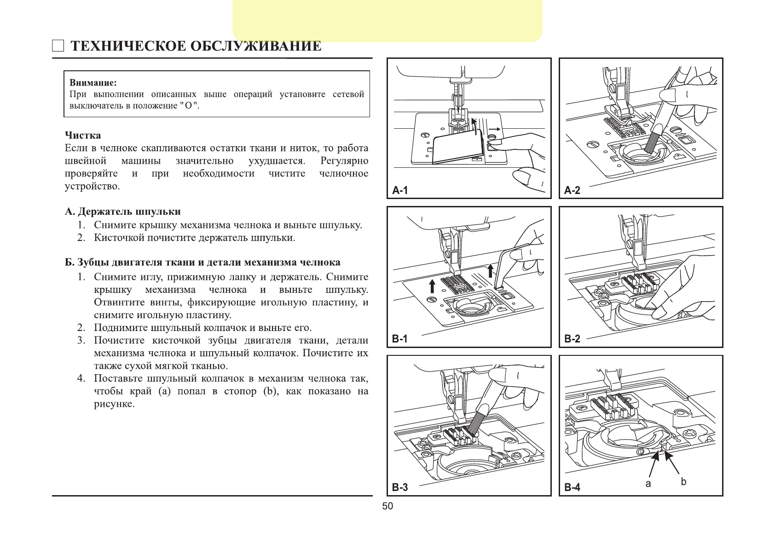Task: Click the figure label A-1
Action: pos(400,190)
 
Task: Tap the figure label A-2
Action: pos(572,190)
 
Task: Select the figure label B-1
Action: pos(400,339)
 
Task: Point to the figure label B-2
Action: pos(572,339)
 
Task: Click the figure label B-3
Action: pos(400,487)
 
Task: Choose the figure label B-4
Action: pos(572,487)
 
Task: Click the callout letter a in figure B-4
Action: pos(648,484)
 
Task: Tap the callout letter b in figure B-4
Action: pos(683,481)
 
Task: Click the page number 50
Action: pos(387,506)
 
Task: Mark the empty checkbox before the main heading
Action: pos(58,46)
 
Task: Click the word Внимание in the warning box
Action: pos(93,83)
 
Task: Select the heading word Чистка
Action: pos(83,136)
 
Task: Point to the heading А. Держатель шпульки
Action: pos(122,211)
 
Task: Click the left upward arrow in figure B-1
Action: pos(432,285)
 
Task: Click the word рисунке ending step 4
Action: pos(114,404)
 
